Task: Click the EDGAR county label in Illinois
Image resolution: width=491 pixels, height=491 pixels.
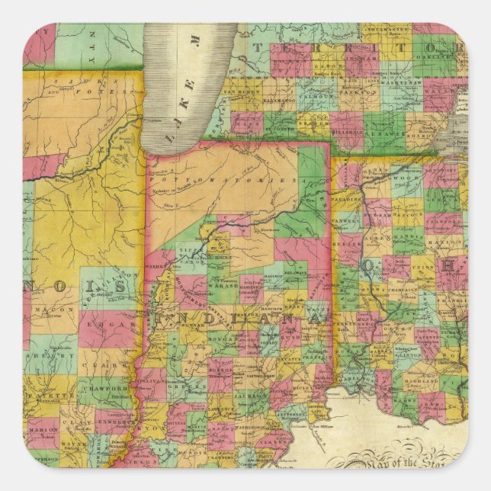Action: tap(100, 323)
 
